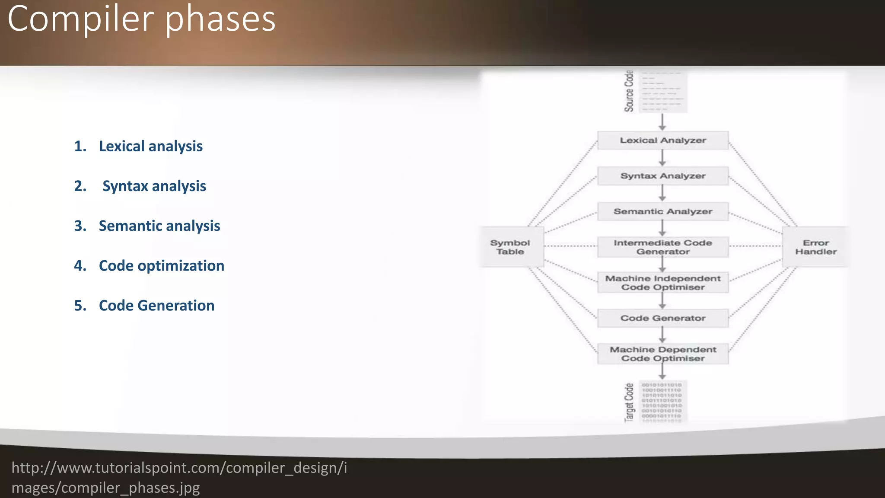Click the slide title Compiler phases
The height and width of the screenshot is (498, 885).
click(141, 19)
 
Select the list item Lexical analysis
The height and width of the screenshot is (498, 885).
click(150, 146)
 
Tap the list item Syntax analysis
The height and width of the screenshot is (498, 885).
click(154, 186)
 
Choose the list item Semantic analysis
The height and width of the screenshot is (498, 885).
click(159, 226)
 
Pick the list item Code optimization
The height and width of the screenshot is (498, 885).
click(161, 265)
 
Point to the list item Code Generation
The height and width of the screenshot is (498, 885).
click(156, 305)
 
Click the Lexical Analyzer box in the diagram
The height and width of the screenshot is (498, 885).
click(663, 140)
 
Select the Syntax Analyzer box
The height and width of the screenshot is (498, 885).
click(663, 176)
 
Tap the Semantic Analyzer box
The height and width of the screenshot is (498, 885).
click(663, 211)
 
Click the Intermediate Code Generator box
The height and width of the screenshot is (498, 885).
click(663, 247)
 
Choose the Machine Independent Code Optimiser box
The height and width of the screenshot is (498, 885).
click(663, 283)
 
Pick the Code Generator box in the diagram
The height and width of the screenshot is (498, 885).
click(663, 318)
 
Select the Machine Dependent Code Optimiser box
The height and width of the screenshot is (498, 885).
click(663, 354)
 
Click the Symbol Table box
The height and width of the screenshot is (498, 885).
click(510, 247)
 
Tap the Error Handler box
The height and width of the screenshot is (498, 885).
click(815, 247)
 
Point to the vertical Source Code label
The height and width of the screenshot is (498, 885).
click(629, 91)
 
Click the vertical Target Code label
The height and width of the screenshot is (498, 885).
click(629, 402)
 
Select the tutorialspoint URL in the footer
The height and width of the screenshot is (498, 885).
click(179, 477)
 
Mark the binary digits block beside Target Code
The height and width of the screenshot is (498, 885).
click(662, 401)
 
